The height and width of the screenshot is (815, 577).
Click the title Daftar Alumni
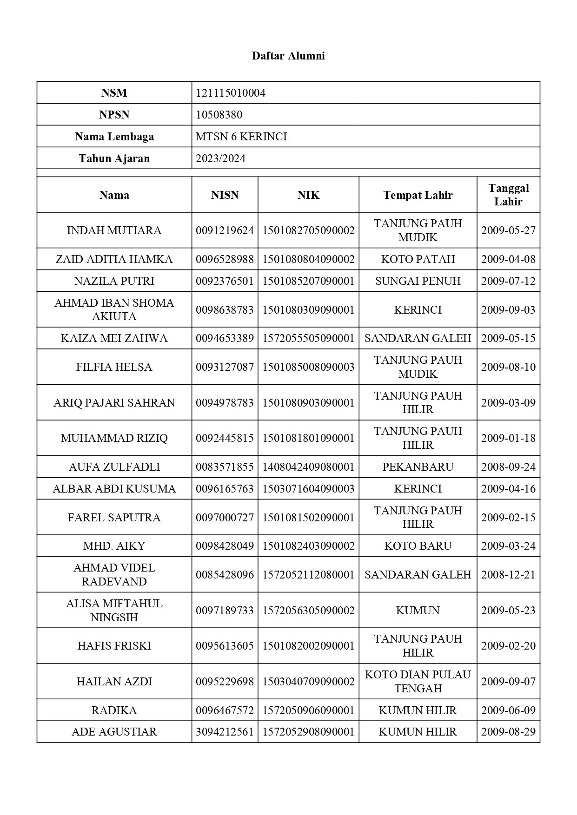(x=288, y=56)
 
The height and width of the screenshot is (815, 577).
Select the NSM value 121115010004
(x=231, y=93)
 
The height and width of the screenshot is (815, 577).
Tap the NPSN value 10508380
(x=219, y=115)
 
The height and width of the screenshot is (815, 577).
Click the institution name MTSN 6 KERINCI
(x=241, y=137)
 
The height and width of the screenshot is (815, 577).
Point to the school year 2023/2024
(x=220, y=158)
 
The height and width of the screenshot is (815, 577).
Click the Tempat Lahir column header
(x=418, y=195)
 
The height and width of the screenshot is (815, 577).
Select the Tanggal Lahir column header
(x=508, y=195)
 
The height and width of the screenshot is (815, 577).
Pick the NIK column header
(x=308, y=195)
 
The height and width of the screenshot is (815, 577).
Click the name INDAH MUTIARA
(x=114, y=230)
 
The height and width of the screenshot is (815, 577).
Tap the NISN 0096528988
(x=225, y=259)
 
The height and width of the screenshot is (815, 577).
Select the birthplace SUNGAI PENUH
(x=418, y=281)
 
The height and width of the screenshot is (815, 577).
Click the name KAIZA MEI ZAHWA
(x=114, y=338)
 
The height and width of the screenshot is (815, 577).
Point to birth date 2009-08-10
(x=508, y=367)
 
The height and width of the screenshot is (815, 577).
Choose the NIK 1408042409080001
(x=308, y=467)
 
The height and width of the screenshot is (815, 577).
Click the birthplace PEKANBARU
(x=418, y=467)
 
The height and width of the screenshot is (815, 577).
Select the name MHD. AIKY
(x=114, y=546)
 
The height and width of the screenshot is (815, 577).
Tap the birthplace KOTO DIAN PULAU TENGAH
(x=418, y=682)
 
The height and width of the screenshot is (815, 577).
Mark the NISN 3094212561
(x=225, y=732)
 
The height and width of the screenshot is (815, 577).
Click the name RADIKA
(x=114, y=710)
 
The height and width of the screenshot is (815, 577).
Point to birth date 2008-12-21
(x=508, y=575)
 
